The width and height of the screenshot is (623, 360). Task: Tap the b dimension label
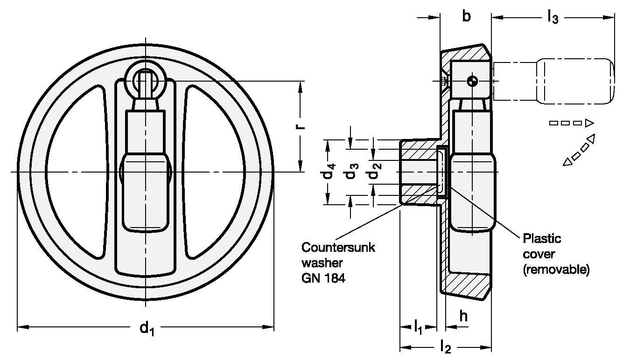(466, 17)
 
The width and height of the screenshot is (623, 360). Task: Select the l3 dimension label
(553, 18)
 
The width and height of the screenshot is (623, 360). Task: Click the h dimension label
(463, 316)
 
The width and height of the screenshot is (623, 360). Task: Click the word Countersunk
(338, 247)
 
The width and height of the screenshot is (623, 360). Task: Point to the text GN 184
(324, 279)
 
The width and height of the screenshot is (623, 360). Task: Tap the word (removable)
(555, 270)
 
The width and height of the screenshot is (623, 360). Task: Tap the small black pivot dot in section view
(473, 81)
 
